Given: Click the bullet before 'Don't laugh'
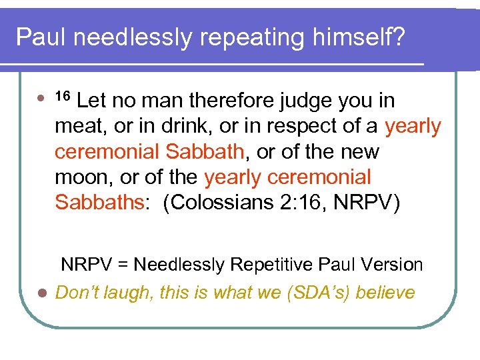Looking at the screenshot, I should (41, 293).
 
